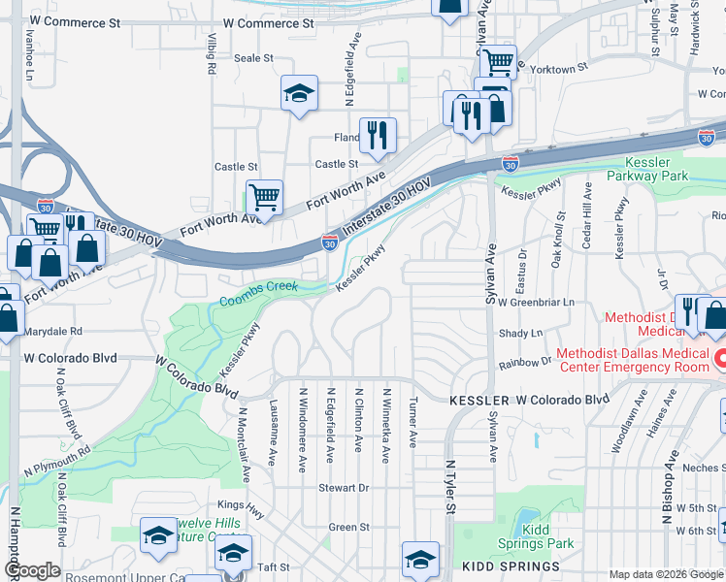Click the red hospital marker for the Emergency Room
tap(719, 360)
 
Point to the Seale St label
tap(254, 58)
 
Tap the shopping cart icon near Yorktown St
tap(498, 61)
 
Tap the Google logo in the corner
tap(32, 570)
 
